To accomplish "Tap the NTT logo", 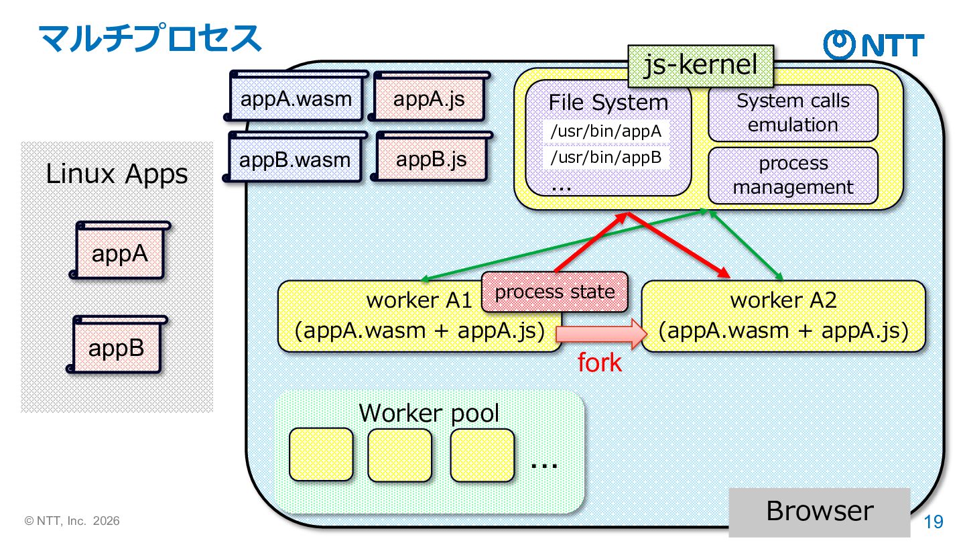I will pos(873,44).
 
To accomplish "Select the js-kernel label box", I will pos(700,66).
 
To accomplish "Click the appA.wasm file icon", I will pos(296,99).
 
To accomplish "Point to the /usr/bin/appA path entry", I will pos(606,131).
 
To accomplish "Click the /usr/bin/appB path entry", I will pos(606,158).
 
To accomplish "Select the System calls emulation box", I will pos(793,113).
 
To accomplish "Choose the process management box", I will pos(793,175).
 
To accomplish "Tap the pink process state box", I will pos(555,292).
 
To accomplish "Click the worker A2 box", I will pos(783,316).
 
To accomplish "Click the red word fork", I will pos(600,363).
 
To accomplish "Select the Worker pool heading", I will pos(429,412).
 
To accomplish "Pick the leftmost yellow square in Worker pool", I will pos(321,455).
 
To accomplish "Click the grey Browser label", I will pos(820,511).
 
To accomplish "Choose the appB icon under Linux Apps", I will pos(117,347).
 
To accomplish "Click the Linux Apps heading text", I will pos(117,174).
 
